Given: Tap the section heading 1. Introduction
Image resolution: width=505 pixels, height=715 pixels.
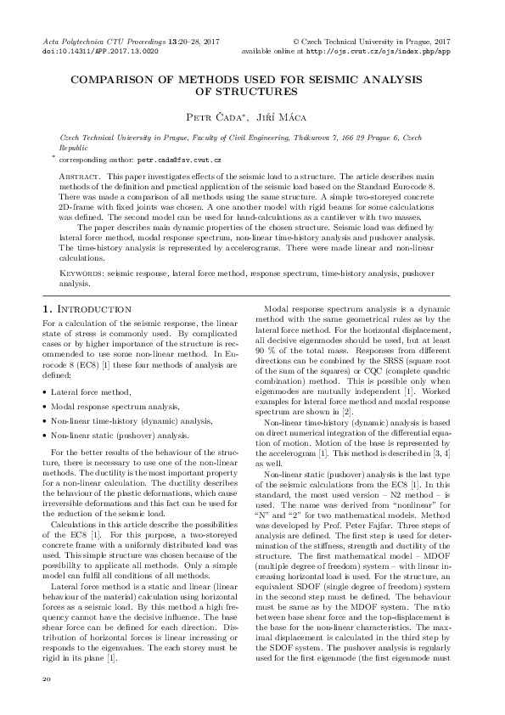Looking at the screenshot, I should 87,310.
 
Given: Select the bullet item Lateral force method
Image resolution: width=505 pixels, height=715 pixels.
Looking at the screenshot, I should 93,391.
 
